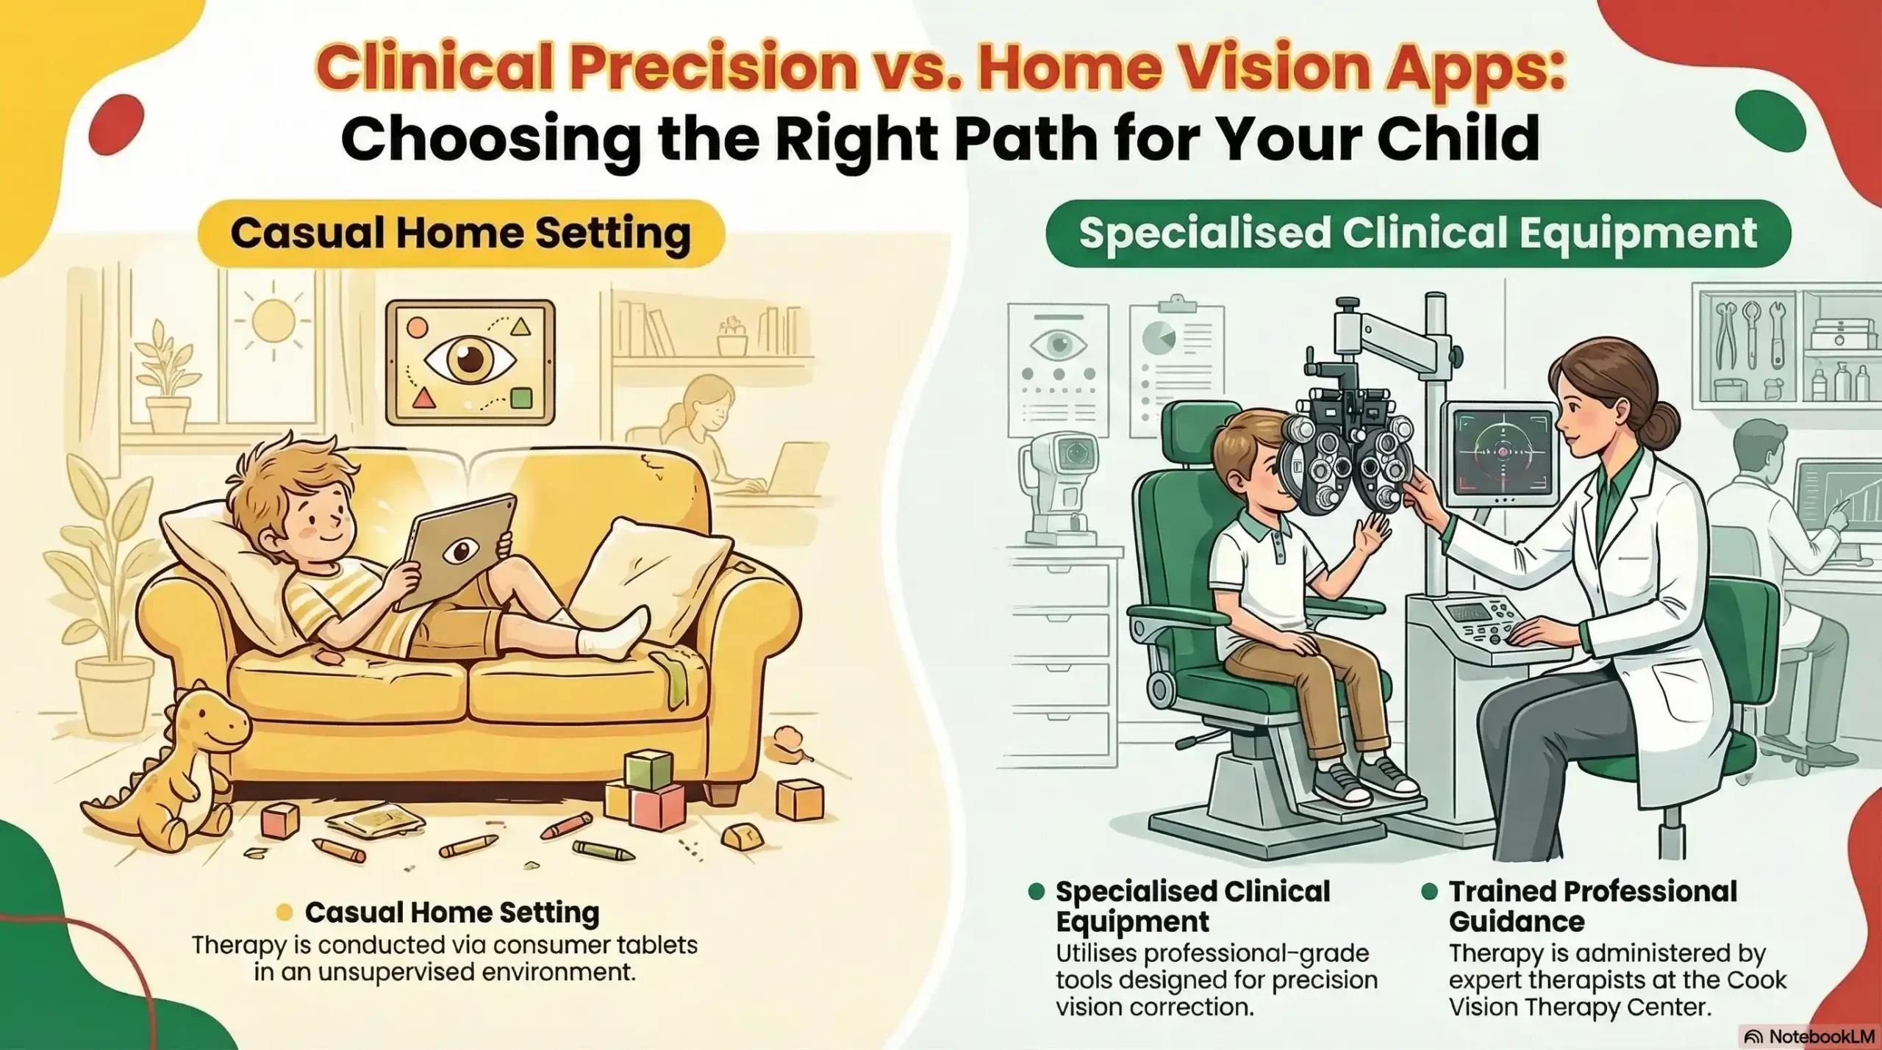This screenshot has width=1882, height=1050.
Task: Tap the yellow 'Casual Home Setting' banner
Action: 460,233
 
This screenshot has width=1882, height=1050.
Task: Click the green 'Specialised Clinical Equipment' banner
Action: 1417,233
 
